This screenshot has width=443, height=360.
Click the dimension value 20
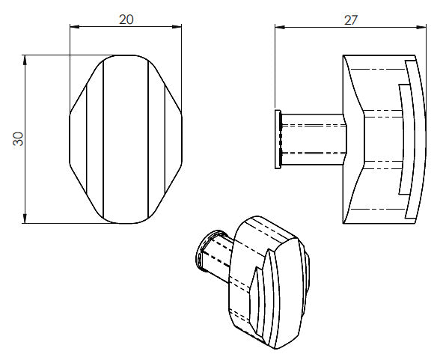126,20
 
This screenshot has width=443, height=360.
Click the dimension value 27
350,20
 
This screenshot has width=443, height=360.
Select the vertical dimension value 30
19,138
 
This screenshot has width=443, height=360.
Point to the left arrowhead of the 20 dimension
73,27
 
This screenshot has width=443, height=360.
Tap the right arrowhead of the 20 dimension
179,27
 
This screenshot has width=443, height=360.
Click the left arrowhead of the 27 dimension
278,27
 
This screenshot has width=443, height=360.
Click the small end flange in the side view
278,139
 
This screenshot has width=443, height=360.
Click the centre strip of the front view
125,138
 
